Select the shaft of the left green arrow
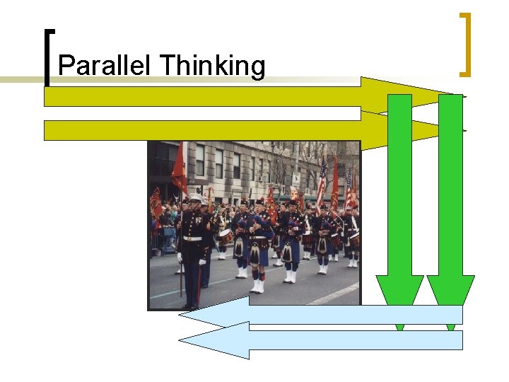pyautogui.click(x=400, y=184)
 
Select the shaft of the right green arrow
pyautogui.click(x=450, y=184)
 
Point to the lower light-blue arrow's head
pyautogui.click(x=212, y=340)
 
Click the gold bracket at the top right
pyautogui.click(x=464, y=44)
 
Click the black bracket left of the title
pyautogui.click(x=47, y=57)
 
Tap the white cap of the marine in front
pyautogui.click(x=195, y=200)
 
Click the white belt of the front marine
pyautogui.click(x=192, y=238)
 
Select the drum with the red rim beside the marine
pyautogui.click(x=225, y=236)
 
